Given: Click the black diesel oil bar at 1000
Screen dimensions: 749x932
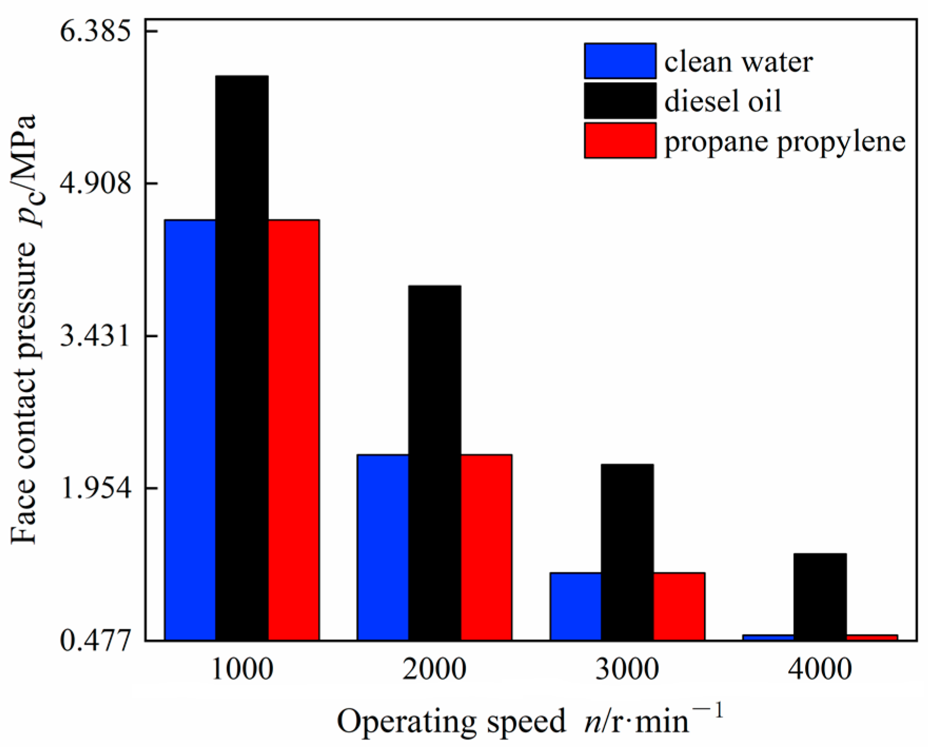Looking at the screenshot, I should pos(242,358).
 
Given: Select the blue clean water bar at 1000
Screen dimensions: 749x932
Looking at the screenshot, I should pos(190,429).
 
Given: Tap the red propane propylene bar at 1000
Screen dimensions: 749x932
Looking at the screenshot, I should pos(293,429).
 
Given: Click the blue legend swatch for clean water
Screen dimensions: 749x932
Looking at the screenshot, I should pos(620,61).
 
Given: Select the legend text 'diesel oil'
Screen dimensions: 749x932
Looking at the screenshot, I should pos(722,101).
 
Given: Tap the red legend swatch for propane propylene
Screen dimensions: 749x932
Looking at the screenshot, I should pos(620,141).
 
